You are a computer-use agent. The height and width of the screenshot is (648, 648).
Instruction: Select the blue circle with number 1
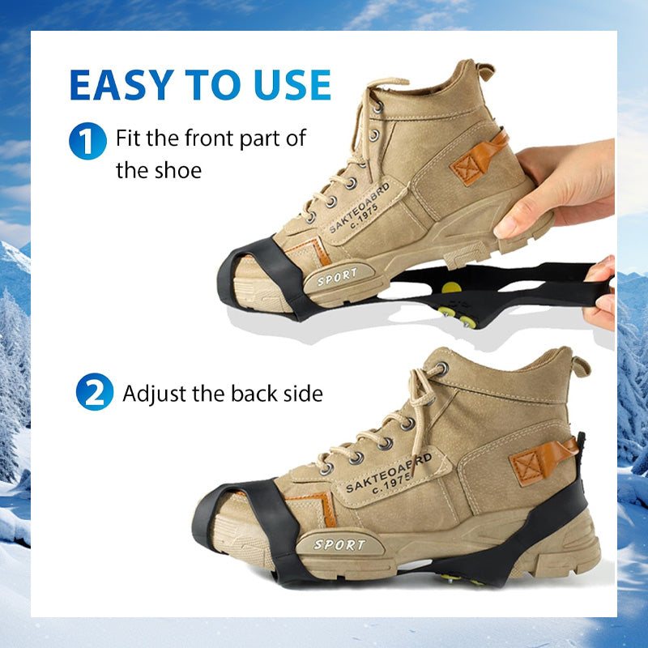(x=87, y=141)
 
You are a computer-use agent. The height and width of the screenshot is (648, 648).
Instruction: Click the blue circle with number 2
(x=95, y=392)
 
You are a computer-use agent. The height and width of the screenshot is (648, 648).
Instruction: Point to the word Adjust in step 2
(x=154, y=394)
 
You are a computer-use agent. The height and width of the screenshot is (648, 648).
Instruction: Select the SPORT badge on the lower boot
(x=340, y=544)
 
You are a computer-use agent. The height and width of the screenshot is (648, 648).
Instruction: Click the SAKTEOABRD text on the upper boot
(x=360, y=207)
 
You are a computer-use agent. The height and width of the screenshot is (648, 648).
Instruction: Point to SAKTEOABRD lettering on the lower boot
(x=389, y=473)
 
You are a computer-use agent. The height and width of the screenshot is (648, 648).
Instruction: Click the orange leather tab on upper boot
(x=480, y=158)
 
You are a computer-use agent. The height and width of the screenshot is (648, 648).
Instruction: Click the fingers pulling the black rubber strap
(x=601, y=293)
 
